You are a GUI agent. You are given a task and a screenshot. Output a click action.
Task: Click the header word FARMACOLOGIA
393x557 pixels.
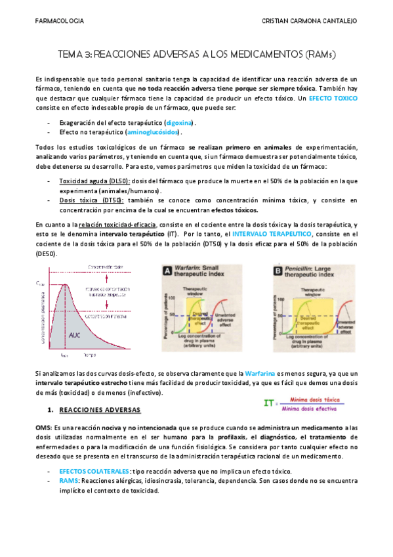(59, 21)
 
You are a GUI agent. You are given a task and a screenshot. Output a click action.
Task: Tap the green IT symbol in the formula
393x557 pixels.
(268, 403)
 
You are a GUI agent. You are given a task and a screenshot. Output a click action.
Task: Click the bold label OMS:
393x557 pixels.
(43, 427)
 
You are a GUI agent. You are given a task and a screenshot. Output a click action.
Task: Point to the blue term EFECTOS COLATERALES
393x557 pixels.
(94, 472)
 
